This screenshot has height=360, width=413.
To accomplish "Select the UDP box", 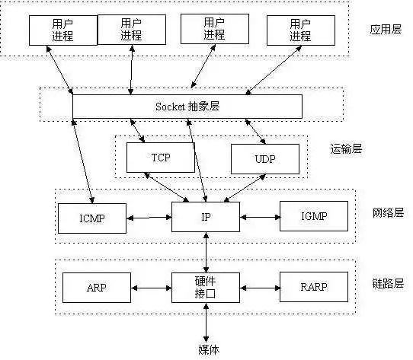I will [x=261, y=158].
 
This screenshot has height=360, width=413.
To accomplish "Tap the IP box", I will [x=206, y=217].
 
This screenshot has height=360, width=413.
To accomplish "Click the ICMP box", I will [x=91, y=218].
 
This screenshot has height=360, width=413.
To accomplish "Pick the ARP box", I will [x=97, y=288].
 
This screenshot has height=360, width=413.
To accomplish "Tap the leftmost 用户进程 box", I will [x=62, y=29].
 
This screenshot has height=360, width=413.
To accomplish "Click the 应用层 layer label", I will [x=385, y=30].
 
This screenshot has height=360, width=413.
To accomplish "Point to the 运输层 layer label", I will [x=347, y=149].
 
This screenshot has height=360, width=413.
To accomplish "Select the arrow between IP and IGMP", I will [x=260, y=217].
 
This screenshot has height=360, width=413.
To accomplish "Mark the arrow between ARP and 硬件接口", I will [x=151, y=288].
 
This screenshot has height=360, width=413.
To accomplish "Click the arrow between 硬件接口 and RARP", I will [x=260, y=288].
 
